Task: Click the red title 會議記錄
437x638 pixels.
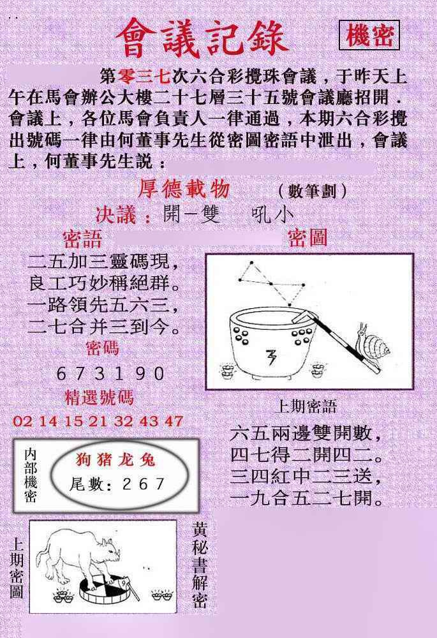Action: (x=202, y=38)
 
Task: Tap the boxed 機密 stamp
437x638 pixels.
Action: (x=369, y=36)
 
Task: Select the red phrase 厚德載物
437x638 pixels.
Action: (x=184, y=189)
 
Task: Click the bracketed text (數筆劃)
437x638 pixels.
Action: (x=313, y=191)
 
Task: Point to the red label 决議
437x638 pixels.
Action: (x=123, y=215)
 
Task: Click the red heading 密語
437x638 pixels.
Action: (x=82, y=239)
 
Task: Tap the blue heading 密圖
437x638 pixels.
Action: (x=307, y=238)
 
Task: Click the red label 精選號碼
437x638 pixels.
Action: (x=100, y=398)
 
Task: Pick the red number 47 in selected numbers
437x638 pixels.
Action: (x=173, y=421)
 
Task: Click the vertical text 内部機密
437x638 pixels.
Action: (x=30, y=475)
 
